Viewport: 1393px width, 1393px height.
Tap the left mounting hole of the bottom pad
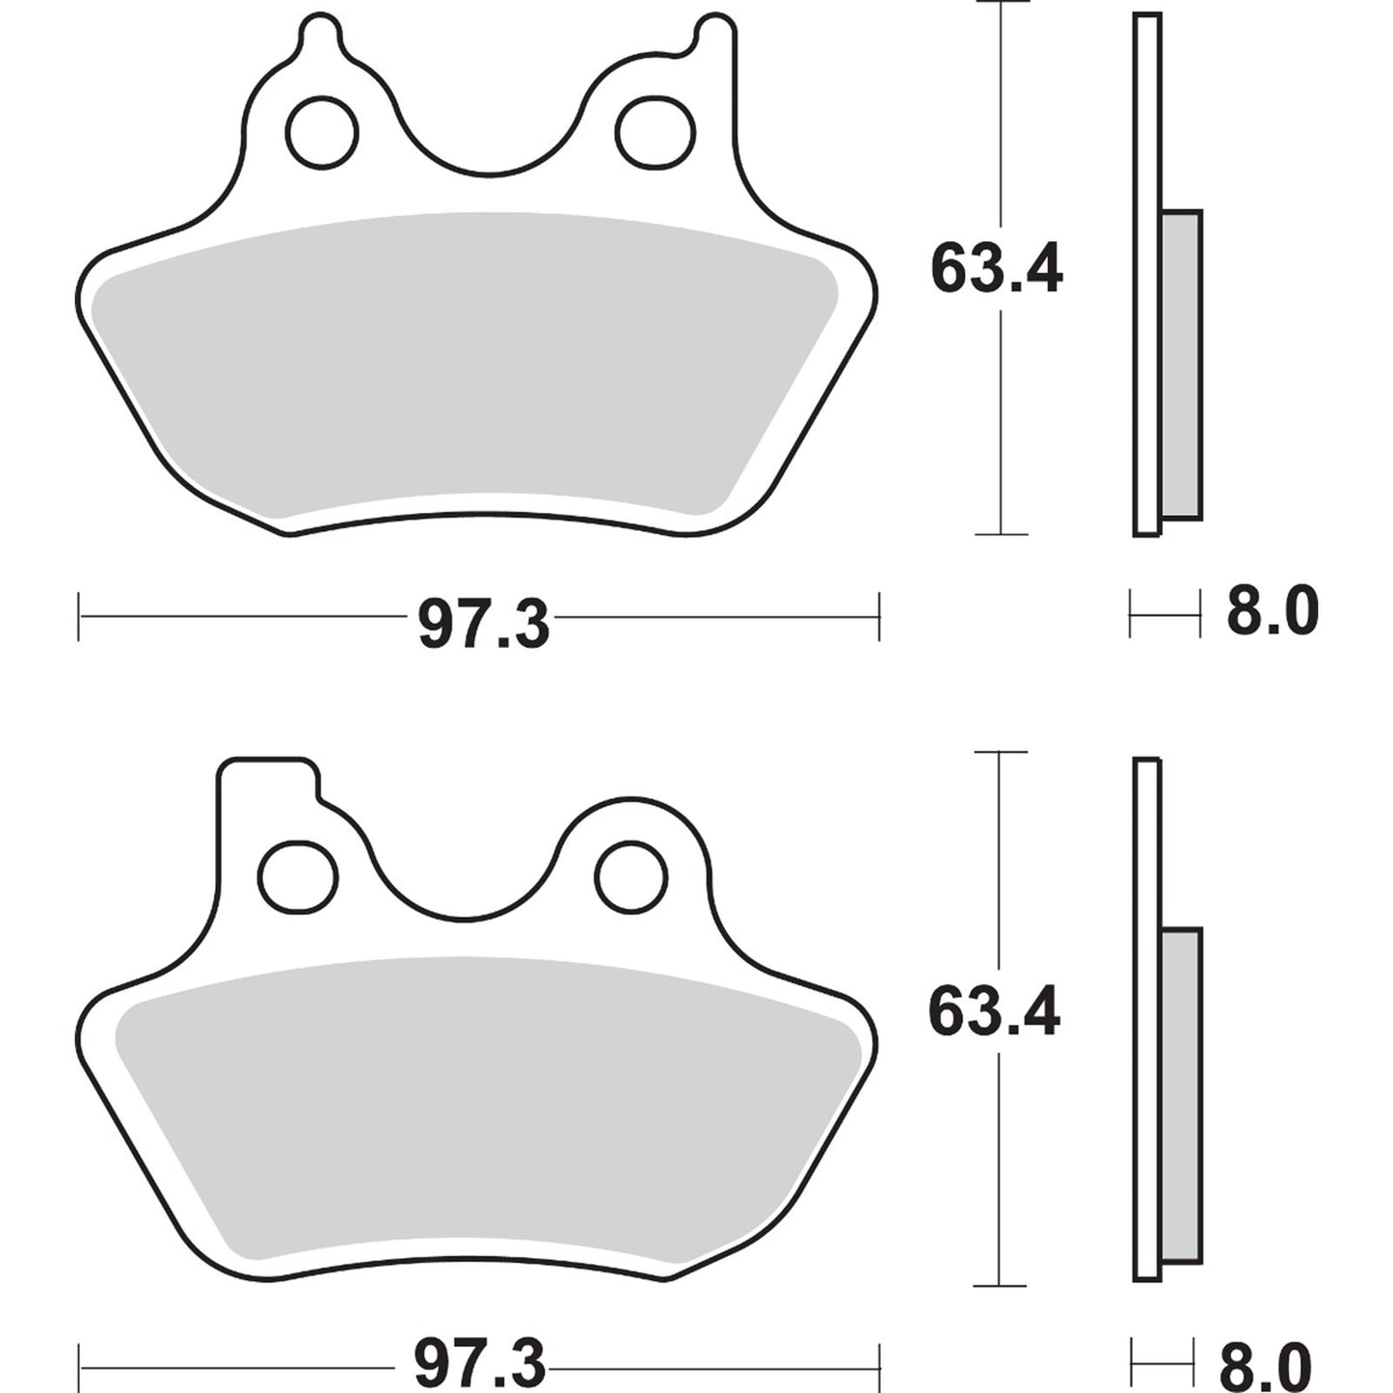point(299,875)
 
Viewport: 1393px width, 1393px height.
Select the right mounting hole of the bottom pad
point(631,875)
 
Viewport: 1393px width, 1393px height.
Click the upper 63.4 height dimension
point(996,270)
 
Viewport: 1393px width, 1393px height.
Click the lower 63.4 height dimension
point(993,1012)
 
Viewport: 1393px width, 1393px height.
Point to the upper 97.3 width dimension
point(483,624)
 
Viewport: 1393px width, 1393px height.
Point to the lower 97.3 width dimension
point(480,1363)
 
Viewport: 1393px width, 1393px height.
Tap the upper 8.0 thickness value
point(1272,613)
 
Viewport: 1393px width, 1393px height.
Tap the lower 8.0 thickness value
point(1265,1363)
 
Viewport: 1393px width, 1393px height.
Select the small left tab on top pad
point(320,34)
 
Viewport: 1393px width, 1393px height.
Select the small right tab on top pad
point(714,34)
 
